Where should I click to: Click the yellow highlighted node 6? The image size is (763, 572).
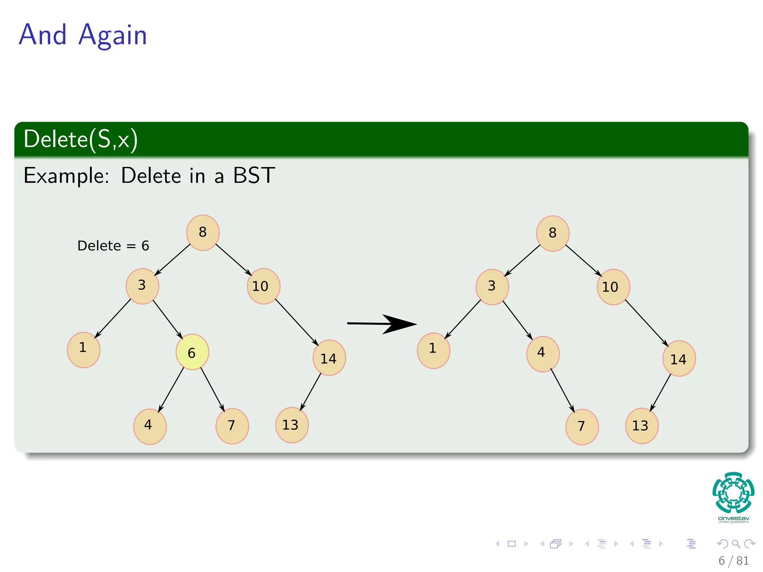pyautogui.click(x=192, y=352)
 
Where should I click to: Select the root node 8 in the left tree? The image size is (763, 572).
pyautogui.click(x=203, y=233)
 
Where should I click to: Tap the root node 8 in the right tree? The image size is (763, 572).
pyautogui.click(x=553, y=233)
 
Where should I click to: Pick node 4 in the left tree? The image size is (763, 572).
pyautogui.click(x=150, y=426)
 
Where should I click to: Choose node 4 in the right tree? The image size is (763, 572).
pyautogui.click(x=542, y=354)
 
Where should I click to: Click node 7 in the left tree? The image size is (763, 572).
pyautogui.click(x=232, y=426)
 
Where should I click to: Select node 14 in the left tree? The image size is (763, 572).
pyautogui.click(x=329, y=358)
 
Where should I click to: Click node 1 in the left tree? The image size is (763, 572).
pyautogui.click(x=83, y=350)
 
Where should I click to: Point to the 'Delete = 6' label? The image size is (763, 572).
pyautogui.click(x=113, y=246)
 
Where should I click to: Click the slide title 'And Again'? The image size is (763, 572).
pyautogui.click(x=83, y=35)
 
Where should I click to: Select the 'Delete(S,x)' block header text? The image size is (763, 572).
pyautogui.click(x=80, y=140)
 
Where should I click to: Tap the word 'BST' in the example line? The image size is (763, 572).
pyautogui.click(x=254, y=175)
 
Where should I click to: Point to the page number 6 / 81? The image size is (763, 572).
pyautogui.click(x=733, y=560)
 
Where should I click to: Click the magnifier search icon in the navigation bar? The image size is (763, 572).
pyautogui.click(x=736, y=544)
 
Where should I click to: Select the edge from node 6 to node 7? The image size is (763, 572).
pyautogui.click(x=212, y=389)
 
